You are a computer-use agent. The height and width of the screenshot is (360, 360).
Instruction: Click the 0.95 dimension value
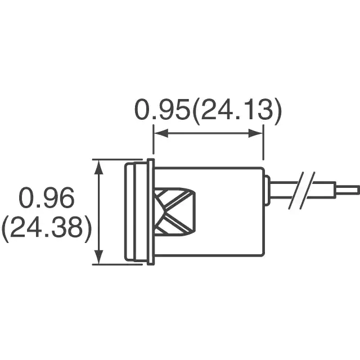[x=162, y=110]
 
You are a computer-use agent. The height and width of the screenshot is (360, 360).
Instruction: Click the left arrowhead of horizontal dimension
[x=161, y=133]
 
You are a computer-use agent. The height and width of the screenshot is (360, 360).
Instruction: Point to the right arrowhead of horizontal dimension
[x=255, y=133]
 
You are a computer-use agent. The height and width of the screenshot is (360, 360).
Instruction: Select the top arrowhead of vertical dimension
[x=99, y=168]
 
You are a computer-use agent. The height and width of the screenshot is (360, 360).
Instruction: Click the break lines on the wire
[x=301, y=191]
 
